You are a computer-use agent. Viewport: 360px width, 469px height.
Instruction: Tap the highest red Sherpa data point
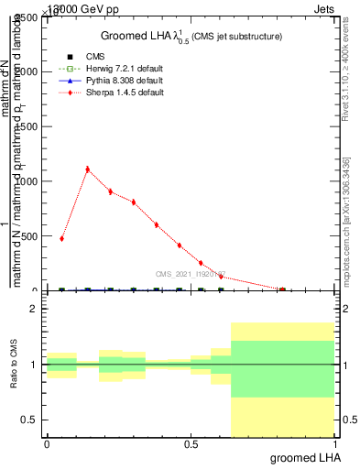(87, 169)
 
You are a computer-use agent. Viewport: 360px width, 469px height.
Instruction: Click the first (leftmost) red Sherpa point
(61, 238)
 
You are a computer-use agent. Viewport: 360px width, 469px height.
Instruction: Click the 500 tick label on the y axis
(29, 236)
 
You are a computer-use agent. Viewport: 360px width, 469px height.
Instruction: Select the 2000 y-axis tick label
(27, 71)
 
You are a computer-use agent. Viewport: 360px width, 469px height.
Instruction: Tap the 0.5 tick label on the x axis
(191, 443)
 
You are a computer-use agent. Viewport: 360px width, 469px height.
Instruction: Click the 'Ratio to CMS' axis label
(14, 365)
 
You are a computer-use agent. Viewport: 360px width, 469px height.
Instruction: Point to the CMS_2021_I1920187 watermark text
(190, 274)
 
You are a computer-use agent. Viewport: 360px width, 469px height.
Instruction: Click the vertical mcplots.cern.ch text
(347, 220)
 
